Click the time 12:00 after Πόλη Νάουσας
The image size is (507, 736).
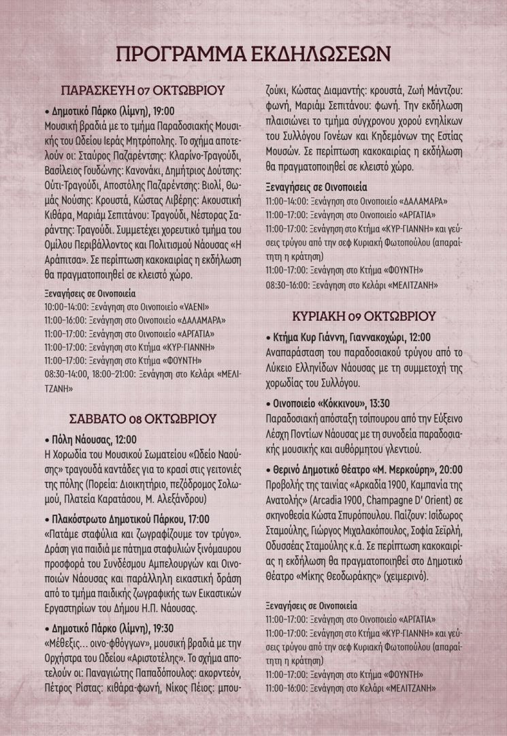122,439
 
